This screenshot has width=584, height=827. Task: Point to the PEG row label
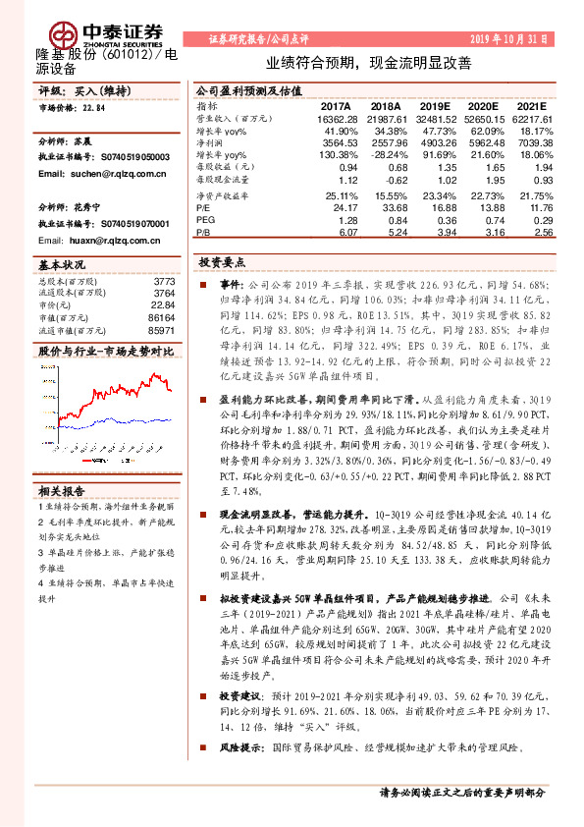(x=205, y=220)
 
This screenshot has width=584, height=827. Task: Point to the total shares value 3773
(x=164, y=281)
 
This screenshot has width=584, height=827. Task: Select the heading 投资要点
(x=222, y=264)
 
